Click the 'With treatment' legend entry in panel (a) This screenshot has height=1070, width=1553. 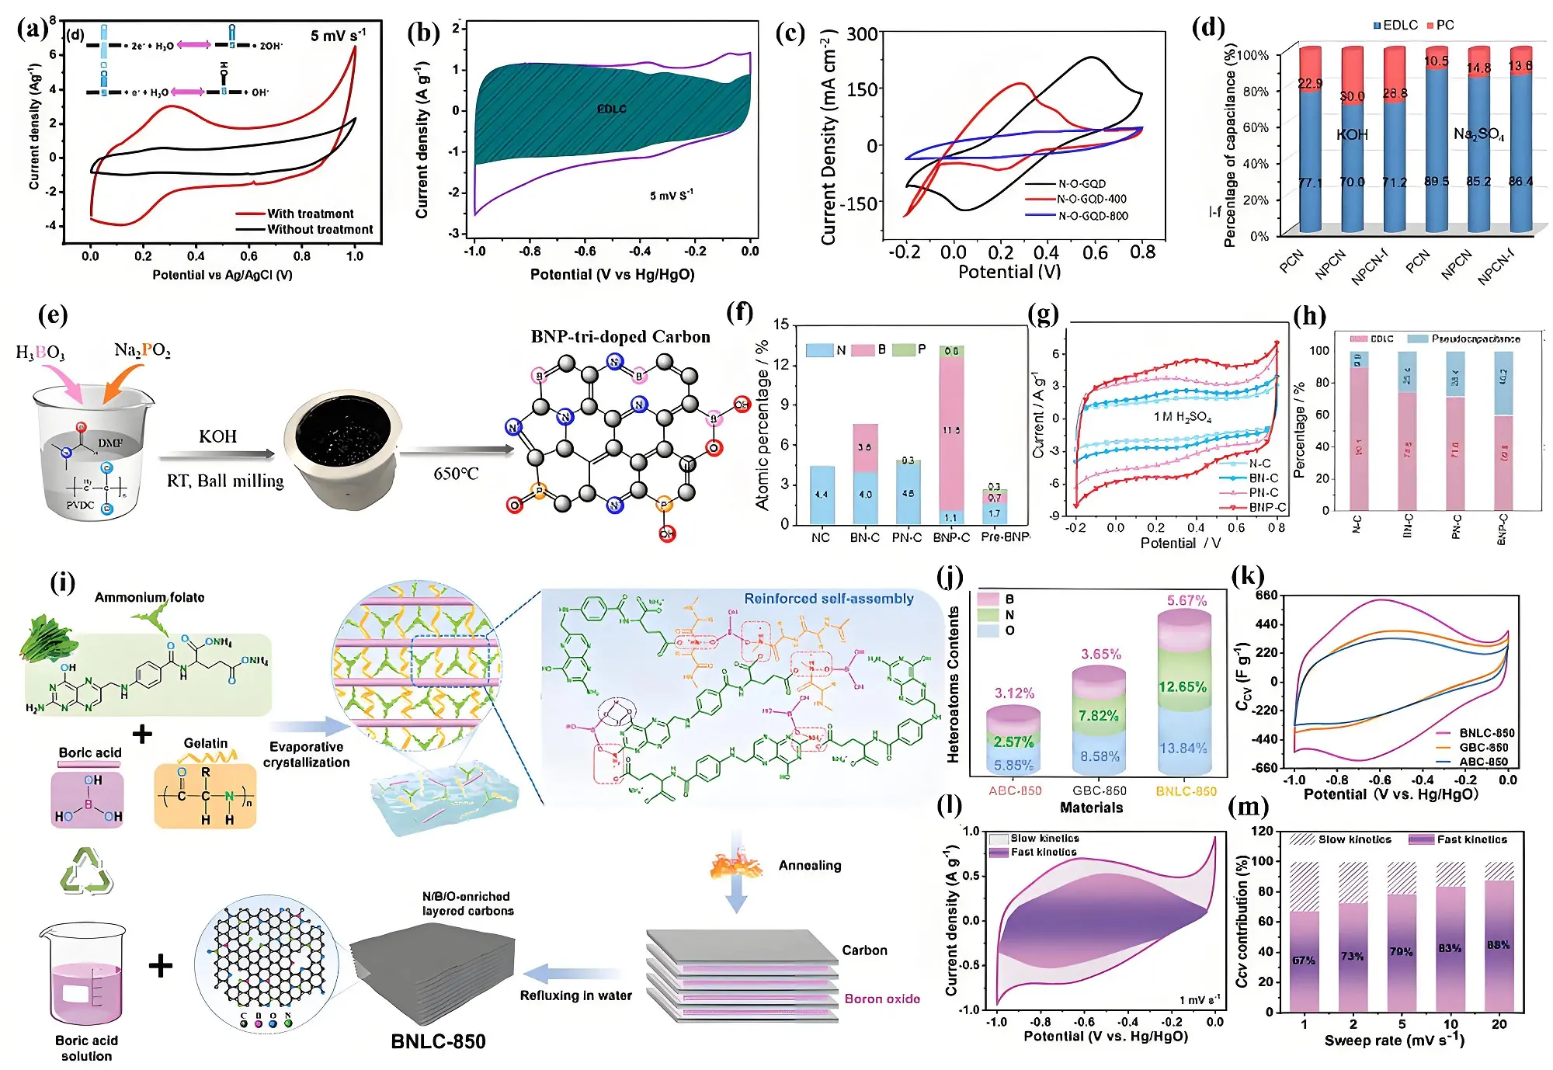pos(310,214)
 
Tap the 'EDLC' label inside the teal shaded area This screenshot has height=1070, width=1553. pos(612,109)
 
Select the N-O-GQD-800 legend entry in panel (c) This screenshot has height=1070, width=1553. pos(1093,216)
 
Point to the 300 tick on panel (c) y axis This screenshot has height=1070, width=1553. pos(861,34)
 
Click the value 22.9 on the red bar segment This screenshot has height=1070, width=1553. pos(1310,83)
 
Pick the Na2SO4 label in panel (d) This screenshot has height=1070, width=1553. pos(1478,134)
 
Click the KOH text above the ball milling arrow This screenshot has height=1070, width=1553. pos(217,436)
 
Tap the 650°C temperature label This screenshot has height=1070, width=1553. pos(456,474)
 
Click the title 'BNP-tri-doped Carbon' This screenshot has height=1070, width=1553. pos(620,337)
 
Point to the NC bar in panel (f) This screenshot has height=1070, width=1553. pos(822,495)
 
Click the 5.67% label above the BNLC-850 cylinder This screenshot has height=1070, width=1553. pos(1186,600)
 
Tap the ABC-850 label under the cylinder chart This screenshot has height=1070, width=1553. pos(1015,791)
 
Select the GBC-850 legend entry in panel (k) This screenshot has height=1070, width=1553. pos(1483,747)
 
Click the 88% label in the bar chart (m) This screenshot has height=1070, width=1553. pos(1498,945)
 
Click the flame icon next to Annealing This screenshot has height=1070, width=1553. pos(736,864)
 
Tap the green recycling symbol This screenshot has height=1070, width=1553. pos(86,870)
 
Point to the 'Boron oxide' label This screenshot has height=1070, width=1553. pos(882,999)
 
